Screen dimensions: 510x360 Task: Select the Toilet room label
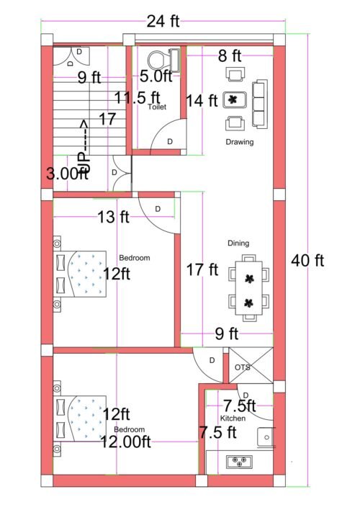click(156, 107)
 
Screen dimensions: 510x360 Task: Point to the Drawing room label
click(239, 142)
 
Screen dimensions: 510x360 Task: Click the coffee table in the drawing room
click(235, 99)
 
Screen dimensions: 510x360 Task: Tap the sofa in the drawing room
click(258, 99)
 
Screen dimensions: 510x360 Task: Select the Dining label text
click(238, 243)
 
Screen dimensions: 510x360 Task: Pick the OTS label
click(243, 367)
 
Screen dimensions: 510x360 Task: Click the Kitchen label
click(233, 418)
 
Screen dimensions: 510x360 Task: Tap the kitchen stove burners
click(238, 462)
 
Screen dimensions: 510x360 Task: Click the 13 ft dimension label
click(112, 216)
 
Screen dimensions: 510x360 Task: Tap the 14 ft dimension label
click(201, 101)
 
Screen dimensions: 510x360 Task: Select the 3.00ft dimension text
click(67, 174)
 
